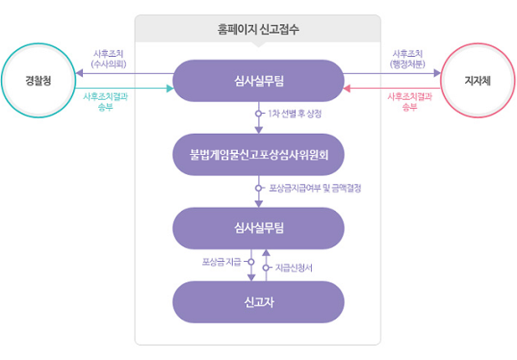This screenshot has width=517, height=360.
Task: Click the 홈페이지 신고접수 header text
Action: (x=258, y=29)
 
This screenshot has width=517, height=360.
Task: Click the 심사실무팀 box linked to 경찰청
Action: (x=258, y=80)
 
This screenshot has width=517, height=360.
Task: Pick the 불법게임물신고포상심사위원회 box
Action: (x=258, y=154)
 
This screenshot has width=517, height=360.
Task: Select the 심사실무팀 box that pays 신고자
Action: (x=258, y=228)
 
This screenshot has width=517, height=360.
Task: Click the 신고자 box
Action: (x=258, y=302)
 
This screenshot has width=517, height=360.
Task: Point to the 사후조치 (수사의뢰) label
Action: (x=109, y=59)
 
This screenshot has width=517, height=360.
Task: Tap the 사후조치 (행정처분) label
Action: (x=408, y=59)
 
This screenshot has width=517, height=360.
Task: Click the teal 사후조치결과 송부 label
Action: (x=105, y=102)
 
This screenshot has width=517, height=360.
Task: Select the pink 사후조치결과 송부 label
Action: (x=410, y=102)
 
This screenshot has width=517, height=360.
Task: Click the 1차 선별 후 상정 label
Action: (x=294, y=114)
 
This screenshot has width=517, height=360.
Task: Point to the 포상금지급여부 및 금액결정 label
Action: (x=316, y=188)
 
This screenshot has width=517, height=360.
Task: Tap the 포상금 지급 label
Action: (x=222, y=262)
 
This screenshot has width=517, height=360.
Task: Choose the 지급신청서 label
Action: (x=294, y=267)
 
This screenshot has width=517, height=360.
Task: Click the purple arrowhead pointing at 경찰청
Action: (x=79, y=73)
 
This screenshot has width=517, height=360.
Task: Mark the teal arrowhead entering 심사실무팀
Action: (x=169, y=88)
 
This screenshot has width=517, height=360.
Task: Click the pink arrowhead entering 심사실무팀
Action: (x=347, y=88)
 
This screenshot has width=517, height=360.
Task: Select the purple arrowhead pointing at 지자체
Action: (x=437, y=73)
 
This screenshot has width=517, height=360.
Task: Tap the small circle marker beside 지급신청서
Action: (x=266, y=267)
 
